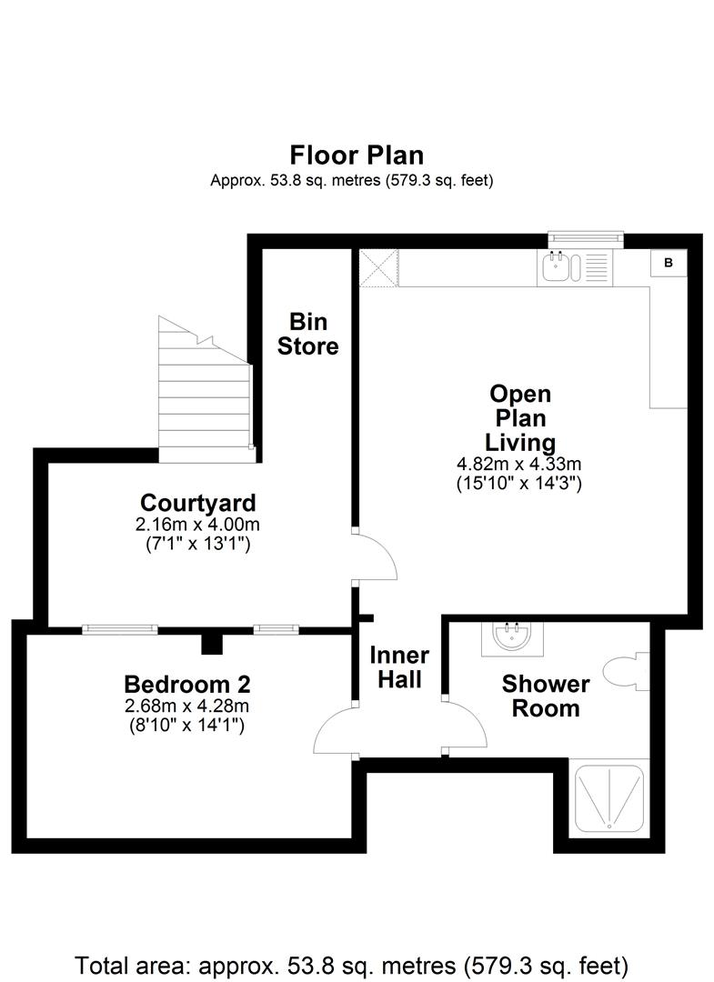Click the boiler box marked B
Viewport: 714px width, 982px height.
click(x=669, y=263)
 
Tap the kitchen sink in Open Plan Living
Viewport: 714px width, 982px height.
click(x=573, y=267)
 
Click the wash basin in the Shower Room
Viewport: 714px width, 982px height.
click(x=512, y=638)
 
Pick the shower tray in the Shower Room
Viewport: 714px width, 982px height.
click(x=609, y=798)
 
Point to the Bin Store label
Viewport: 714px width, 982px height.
click(x=308, y=334)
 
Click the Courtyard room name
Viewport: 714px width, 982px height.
click(x=198, y=502)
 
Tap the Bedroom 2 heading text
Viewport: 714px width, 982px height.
click(x=187, y=684)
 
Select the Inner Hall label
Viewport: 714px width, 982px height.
click(x=399, y=667)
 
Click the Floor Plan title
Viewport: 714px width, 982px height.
click(x=357, y=155)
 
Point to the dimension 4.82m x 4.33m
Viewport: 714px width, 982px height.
click(x=519, y=464)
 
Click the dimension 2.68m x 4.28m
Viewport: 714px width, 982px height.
click(x=186, y=706)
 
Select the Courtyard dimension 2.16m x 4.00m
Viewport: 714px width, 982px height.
click(x=197, y=525)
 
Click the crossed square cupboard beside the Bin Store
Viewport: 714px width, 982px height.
click(x=378, y=268)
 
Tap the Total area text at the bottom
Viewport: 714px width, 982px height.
click(x=351, y=965)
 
